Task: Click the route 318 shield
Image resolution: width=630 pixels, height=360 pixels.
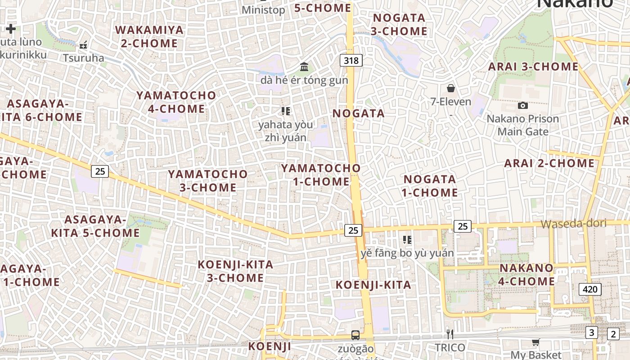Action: tap(351, 60)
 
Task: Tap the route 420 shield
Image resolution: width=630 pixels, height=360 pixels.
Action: tap(590, 289)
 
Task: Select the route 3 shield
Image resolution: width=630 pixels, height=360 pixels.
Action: tap(591, 333)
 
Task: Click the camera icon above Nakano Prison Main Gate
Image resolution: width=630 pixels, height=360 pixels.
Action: tap(522, 105)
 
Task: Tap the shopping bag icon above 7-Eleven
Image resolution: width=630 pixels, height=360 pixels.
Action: tap(450, 88)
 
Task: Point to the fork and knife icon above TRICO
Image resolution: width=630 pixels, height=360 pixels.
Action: tap(450, 334)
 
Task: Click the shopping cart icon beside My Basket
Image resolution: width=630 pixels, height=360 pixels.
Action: tap(535, 342)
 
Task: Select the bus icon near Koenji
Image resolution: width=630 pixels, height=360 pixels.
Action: tap(355, 335)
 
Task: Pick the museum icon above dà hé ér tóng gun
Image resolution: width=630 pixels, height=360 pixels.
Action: tap(304, 67)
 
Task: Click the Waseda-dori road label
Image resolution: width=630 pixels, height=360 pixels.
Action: tap(573, 224)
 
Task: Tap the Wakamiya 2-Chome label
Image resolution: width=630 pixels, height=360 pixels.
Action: tap(150, 37)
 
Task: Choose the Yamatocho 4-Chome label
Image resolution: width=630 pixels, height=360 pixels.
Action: tap(176, 102)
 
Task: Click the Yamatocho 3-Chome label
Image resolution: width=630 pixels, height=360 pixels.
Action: tap(208, 180)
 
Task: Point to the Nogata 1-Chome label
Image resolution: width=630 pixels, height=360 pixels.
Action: tap(430, 186)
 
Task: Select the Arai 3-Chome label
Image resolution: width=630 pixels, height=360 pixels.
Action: tap(534, 67)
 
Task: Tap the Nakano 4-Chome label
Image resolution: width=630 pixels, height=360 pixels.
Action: tap(526, 274)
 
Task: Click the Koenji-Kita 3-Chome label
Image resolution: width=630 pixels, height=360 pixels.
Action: tap(235, 271)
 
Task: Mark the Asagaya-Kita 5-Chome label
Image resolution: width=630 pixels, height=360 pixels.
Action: tap(95, 226)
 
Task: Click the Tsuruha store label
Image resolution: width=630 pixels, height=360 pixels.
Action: tap(83, 58)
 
